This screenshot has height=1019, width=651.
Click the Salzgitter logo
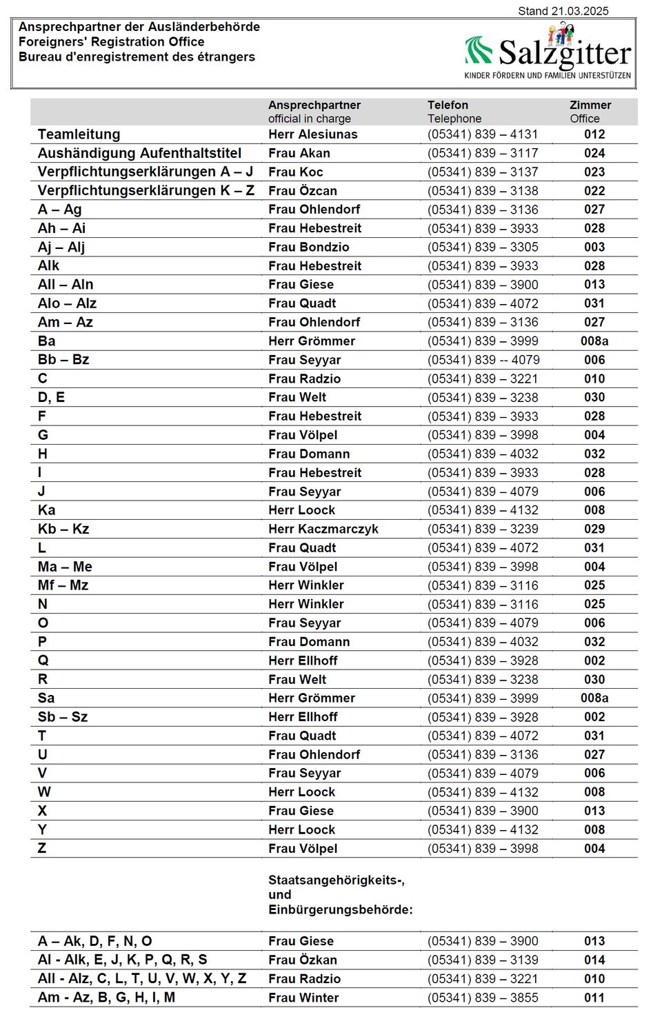pos(548,52)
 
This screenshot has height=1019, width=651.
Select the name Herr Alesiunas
pos(313,134)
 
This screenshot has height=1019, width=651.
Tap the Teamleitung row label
pos(79,134)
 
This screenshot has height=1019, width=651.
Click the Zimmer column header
pos(590,105)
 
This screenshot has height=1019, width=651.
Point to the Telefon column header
pos(448,105)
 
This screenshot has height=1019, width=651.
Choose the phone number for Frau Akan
pos(483,153)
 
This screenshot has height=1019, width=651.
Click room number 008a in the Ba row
pos(594,341)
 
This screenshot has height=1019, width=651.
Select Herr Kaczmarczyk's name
pos(323,529)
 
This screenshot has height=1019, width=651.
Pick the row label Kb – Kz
pos(63,529)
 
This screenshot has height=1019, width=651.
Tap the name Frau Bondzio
pos(309,247)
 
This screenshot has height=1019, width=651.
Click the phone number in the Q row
pos(483,660)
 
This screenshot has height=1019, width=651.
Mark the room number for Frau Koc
pos(594,172)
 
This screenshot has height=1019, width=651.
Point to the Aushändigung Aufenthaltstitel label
pos(139,153)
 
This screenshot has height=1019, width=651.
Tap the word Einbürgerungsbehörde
pos(340,909)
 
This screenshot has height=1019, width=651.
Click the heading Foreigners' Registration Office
pos(111,41)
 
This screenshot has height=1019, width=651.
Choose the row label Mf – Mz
pos(63,585)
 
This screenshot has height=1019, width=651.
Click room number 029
pos(594,529)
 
